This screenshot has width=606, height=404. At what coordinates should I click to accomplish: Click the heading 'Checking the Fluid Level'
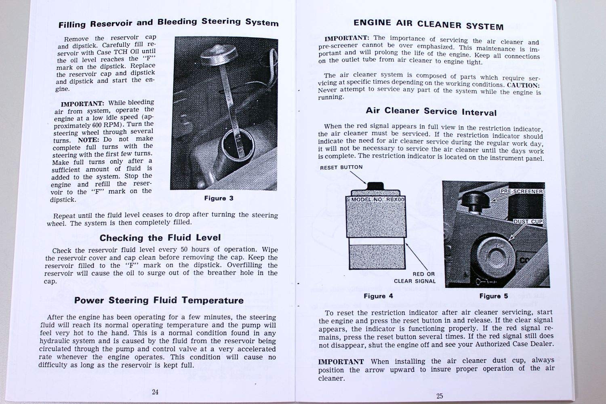click(160, 238)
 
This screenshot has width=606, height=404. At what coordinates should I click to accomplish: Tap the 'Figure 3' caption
click(219, 198)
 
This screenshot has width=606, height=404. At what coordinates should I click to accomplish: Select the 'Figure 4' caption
click(378, 296)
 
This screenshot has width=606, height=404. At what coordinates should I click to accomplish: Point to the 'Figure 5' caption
click(493, 296)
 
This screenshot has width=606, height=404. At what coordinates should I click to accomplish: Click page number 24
click(155, 391)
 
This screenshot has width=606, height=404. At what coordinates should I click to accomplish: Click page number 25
click(440, 396)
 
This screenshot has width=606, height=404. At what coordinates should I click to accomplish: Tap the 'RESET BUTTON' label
click(341, 167)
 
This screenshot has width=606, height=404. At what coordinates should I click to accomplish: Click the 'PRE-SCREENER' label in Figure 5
click(522, 191)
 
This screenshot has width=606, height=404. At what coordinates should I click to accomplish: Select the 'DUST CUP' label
click(528, 221)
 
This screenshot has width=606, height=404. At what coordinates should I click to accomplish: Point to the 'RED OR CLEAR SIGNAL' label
click(416, 278)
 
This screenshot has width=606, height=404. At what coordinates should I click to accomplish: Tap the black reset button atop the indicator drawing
click(375, 185)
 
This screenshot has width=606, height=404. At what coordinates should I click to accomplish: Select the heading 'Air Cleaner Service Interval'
click(431, 111)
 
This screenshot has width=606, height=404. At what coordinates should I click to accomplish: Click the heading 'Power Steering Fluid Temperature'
click(159, 300)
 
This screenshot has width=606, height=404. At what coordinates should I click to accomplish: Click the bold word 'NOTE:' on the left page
click(88, 139)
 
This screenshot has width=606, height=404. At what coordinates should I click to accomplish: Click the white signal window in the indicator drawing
click(376, 241)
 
